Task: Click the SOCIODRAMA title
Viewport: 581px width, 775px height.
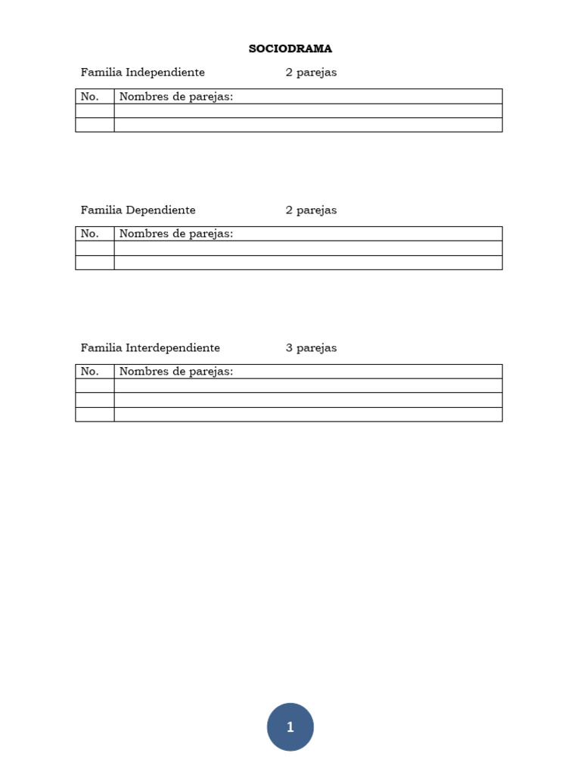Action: click(x=290, y=49)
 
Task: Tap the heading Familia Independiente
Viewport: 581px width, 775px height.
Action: click(x=143, y=73)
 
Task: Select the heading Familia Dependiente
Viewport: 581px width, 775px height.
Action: click(x=138, y=210)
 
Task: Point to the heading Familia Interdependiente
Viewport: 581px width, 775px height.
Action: click(x=151, y=348)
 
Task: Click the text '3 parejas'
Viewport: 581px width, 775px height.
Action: click(x=311, y=348)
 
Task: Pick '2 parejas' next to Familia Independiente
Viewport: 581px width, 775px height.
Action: click(x=311, y=73)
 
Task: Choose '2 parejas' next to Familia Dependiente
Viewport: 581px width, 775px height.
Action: click(x=311, y=210)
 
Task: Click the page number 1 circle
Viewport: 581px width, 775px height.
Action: click(x=290, y=727)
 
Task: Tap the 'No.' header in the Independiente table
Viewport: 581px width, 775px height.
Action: click(x=90, y=97)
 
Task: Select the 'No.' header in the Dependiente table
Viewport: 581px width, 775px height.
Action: click(x=90, y=234)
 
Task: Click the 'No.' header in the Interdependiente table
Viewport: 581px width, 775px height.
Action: click(x=90, y=372)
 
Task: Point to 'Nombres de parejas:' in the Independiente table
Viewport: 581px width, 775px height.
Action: click(x=176, y=97)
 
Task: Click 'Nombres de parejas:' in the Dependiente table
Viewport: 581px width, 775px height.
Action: click(x=176, y=234)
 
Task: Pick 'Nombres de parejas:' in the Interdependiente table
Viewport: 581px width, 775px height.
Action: click(x=176, y=372)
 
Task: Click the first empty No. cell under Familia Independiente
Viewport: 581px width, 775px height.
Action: click(x=95, y=110)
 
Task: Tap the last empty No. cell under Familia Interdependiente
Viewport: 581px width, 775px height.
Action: click(x=95, y=414)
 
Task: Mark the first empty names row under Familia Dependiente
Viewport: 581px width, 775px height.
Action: click(x=308, y=248)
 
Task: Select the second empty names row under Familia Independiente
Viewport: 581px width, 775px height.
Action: click(x=308, y=125)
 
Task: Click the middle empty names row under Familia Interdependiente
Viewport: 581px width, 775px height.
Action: click(x=308, y=400)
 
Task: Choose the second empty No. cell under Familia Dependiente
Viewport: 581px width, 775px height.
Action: click(x=95, y=263)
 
